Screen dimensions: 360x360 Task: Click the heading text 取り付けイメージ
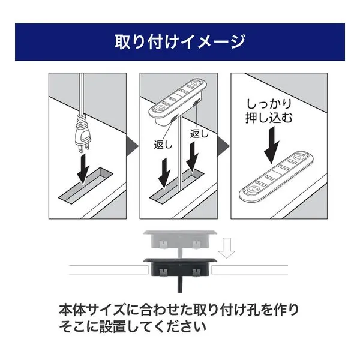pyautogui.click(x=180, y=41)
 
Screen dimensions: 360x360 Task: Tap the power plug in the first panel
pyautogui.click(x=82, y=133)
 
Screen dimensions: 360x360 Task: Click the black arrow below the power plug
pyautogui.click(x=83, y=169)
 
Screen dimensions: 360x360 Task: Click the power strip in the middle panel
pyautogui.click(x=177, y=101)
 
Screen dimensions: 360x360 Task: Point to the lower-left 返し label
pyautogui.click(x=163, y=145)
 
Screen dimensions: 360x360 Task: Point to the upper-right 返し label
pyautogui.click(x=199, y=134)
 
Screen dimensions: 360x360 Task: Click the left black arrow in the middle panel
pyautogui.click(x=164, y=173)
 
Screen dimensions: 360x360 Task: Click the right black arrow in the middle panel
pyautogui.click(x=192, y=157)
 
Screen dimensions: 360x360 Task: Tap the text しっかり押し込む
pyautogui.click(x=269, y=111)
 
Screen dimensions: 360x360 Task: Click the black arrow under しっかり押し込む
pyautogui.click(x=272, y=145)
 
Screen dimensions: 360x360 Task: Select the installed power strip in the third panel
pyautogui.click(x=277, y=176)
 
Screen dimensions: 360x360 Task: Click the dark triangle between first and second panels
pyautogui.click(x=132, y=146)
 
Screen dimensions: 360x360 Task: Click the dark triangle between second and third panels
pyautogui.click(x=223, y=146)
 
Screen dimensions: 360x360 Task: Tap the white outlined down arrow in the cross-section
pyautogui.click(x=227, y=248)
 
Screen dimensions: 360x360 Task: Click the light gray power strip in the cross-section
pyautogui.click(x=180, y=239)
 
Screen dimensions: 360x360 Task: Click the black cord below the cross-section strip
pyautogui.click(x=180, y=284)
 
